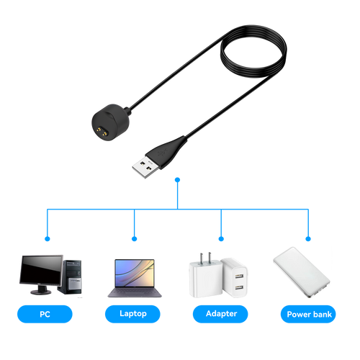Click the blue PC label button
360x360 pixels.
click(x=45, y=314)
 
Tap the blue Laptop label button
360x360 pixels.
click(x=132, y=314)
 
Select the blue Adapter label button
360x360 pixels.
click(x=220, y=314)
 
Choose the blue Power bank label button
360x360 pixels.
click(x=308, y=314)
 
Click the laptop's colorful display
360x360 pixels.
click(x=135, y=273)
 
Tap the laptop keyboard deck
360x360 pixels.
click(x=135, y=292)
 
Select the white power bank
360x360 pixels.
click(x=302, y=272)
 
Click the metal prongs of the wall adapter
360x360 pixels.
click(x=205, y=258)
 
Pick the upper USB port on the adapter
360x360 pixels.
click(x=239, y=276)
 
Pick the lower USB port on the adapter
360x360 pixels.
click(x=239, y=287)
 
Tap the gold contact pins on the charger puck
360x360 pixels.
click(x=102, y=132)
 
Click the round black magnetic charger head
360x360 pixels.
click(x=111, y=122)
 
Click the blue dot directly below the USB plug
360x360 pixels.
click(x=177, y=180)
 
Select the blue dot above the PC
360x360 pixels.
click(x=48, y=239)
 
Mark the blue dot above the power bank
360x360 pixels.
click(x=308, y=239)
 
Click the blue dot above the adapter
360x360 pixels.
click(x=221, y=239)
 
